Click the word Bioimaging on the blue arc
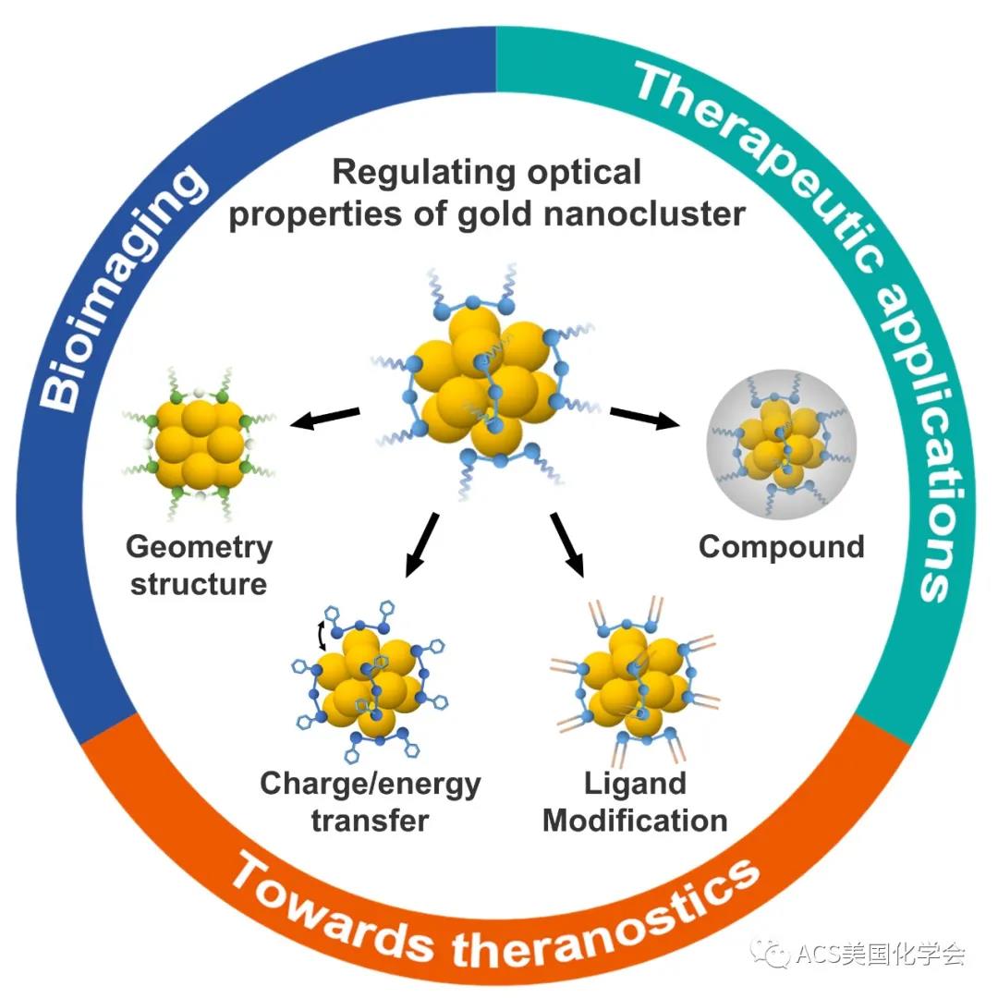pos(122,286)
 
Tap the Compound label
pos(782,547)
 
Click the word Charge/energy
pos(371,785)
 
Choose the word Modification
pos(635,821)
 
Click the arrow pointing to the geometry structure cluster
pos(324,417)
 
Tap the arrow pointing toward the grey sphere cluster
pos(645,418)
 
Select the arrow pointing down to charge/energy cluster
pos(422,545)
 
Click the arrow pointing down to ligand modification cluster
pos(567,544)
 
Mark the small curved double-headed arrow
pos(323,636)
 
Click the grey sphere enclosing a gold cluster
pos(782,444)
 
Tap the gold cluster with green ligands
pos(200,444)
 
